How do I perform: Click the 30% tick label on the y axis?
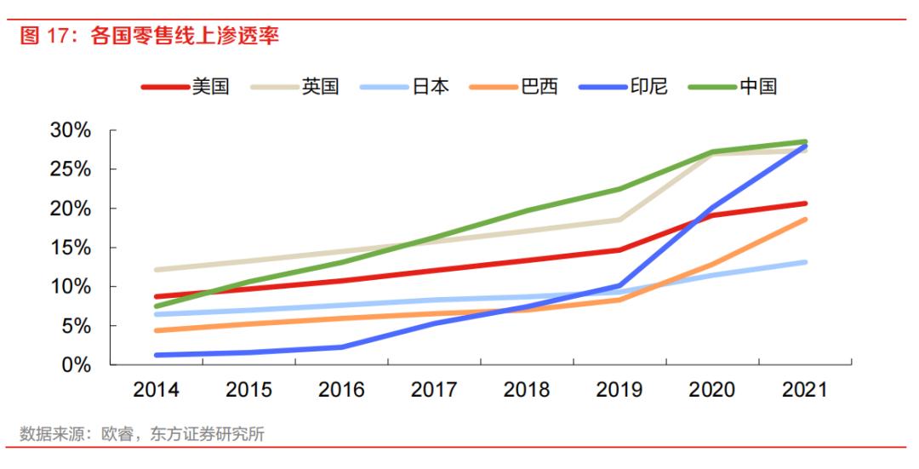(x=71, y=130)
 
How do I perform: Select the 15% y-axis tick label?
(x=71, y=248)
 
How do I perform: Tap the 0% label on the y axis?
(x=77, y=365)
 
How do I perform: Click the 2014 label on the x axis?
(x=156, y=390)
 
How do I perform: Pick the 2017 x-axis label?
(x=434, y=390)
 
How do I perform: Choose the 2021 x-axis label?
(x=804, y=390)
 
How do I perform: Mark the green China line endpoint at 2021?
(x=804, y=142)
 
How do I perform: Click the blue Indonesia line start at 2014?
(x=157, y=355)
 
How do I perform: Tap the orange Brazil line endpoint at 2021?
(x=804, y=220)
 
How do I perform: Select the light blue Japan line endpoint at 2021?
(x=804, y=262)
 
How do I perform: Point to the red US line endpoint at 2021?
(x=804, y=203)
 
